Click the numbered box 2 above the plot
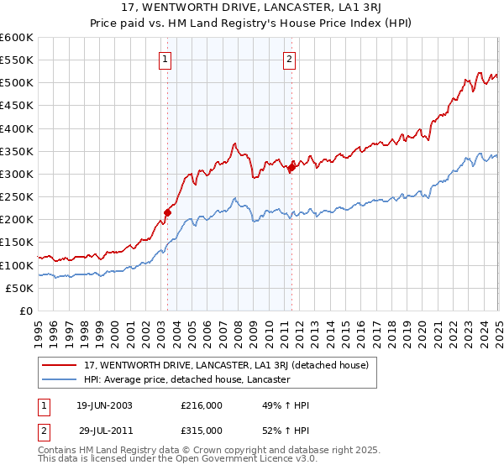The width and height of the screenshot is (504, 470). coord(289,60)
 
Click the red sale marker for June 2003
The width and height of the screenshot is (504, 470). coord(167,212)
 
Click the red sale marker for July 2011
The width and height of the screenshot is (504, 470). coord(291,167)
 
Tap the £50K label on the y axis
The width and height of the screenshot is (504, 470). coord(19,289)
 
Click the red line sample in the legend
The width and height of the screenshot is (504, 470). coord(60,365)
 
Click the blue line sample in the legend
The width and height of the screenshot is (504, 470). coord(60,380)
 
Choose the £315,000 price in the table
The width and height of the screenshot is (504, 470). coord(201,430)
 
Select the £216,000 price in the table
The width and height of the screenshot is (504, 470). coord(201,405)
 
